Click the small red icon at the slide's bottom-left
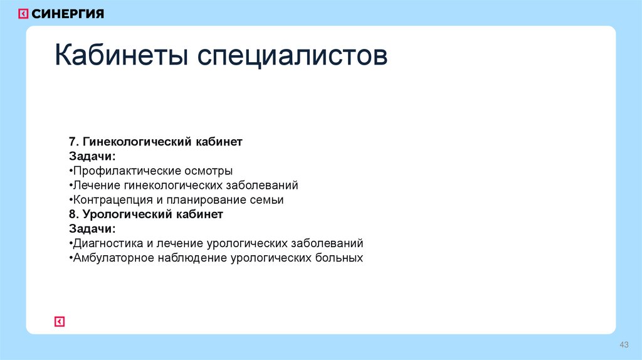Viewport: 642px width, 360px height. point(60,322)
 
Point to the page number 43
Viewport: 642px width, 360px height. point(624,344)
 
